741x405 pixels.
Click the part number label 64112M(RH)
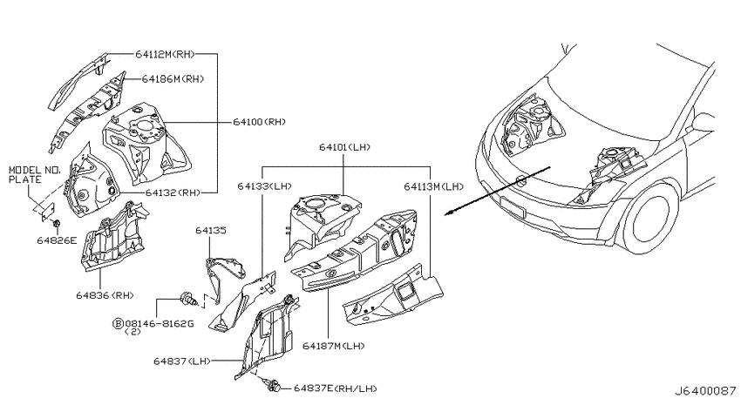[x=165, y=54]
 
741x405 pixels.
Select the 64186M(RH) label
[x=173, y=79]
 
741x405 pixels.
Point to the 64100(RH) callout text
[x=260, y=122]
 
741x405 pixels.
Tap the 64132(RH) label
[x=173, y=192]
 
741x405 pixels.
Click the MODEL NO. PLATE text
[x=32, y=175]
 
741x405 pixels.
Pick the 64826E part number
[x=57, y=240]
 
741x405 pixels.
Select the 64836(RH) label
[x=105, y=295]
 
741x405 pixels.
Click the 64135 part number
[x=211, y=230]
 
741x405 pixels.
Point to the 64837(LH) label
[x=182, y=361]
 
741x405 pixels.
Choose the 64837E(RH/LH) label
[x=336, y=388]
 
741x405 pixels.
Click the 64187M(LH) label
[x=334, y=346]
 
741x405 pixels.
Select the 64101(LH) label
[x=345, y=147]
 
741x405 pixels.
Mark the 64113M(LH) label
[x=434, y=186]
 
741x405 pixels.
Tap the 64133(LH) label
[x=265, y=186]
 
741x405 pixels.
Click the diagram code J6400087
[x=704, y=391]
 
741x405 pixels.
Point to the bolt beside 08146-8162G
[x=188, y=299]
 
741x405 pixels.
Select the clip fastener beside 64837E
[x=273, y=385]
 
